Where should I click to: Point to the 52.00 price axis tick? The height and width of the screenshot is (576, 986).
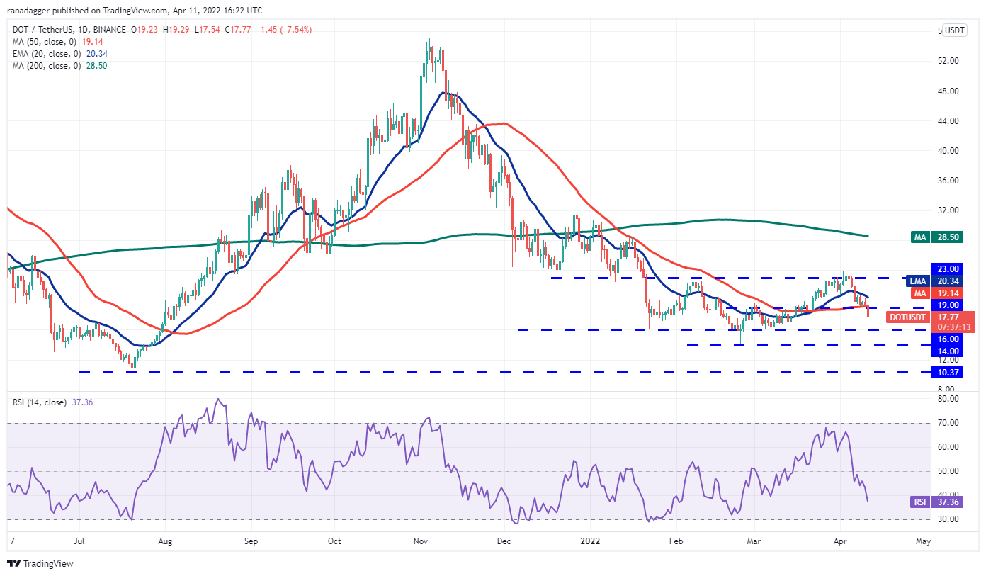point(948,61)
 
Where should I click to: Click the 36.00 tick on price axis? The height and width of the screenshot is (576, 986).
point(948,181)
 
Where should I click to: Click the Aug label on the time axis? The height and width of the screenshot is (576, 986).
point(164,541)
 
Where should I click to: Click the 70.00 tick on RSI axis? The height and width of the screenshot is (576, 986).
point(948,423)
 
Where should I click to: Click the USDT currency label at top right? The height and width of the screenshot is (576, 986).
point(955,30)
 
